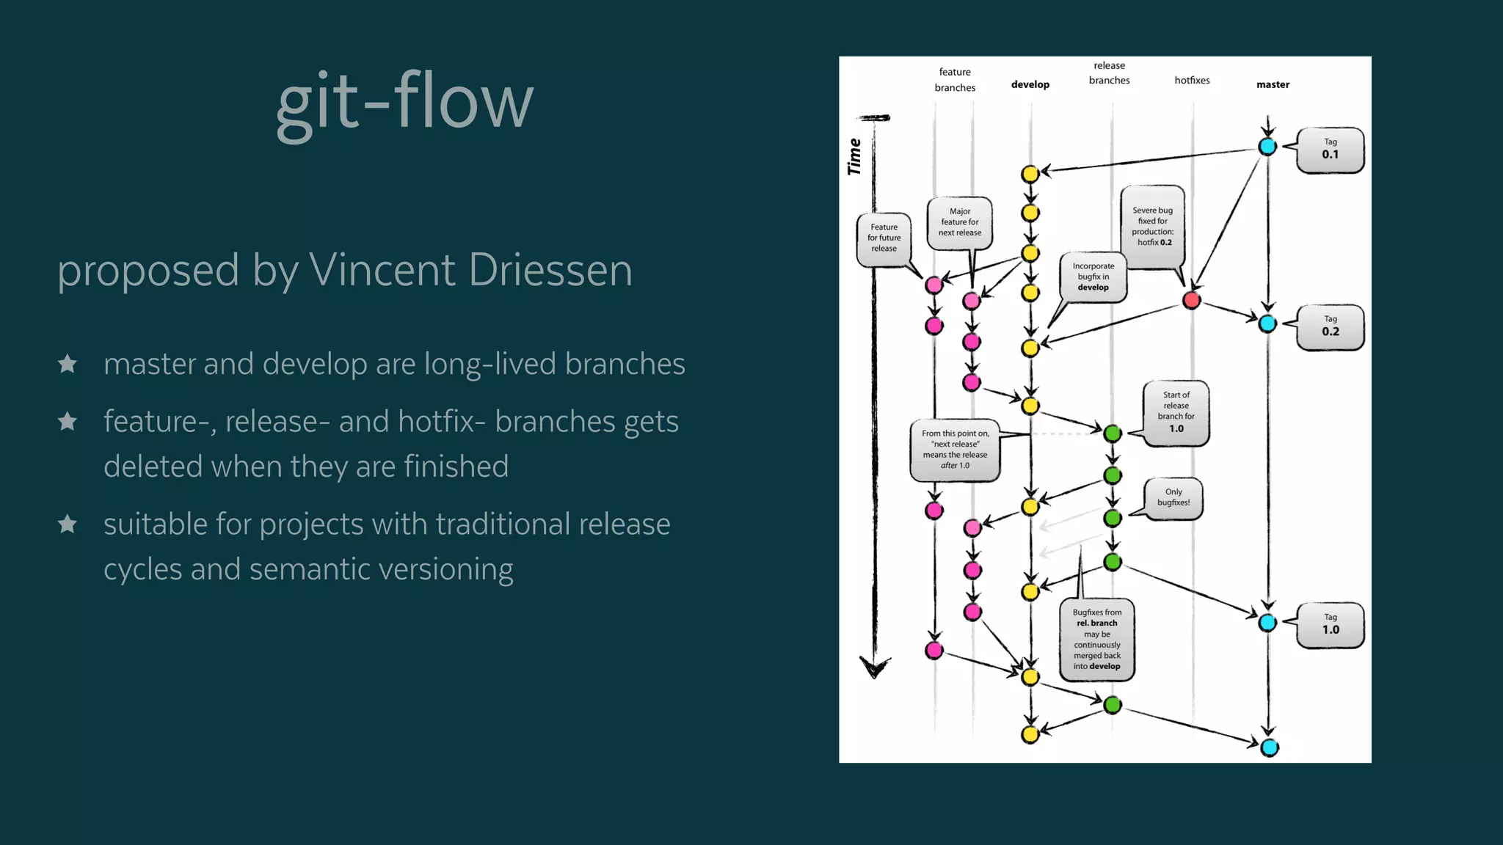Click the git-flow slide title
click(x=404, y=103)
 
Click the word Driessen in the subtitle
click(x=550, y=271)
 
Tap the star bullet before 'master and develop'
click(x=68, y=364)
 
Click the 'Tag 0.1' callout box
click(x=1330, y=150)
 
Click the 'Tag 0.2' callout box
click(x=1330, y=326)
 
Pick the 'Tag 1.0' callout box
click(x=1330, y=625)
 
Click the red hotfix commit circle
click(x=1191, y=299)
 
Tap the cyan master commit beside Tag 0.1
click(x=1267, y=146)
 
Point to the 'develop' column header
click(x=1030, y=84)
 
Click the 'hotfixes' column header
click(x=1192, y=80)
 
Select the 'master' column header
click(x=1273, y=84)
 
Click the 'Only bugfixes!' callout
click(x=1173, y=498)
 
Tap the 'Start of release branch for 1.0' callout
click(x=1176, y=412)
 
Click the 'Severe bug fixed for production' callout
click(x=1152, y=226)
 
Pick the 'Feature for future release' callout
click(x=884, y=238)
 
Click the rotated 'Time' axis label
click(x=854, y=156)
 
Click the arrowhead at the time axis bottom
click(x=874, y=667)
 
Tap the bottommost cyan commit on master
click(x=1269, y=747)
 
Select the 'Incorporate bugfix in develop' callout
click(x=1093, y=277)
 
